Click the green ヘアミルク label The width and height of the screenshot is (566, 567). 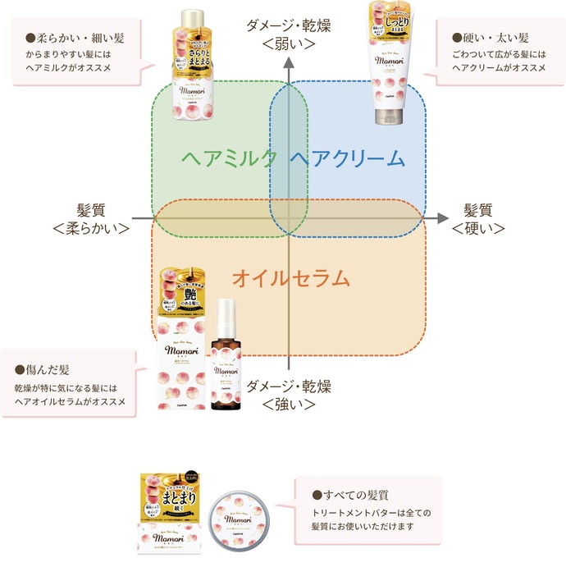point(230,158)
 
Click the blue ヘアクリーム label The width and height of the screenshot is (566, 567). point(348,158)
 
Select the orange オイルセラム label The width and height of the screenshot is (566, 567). point(290,278)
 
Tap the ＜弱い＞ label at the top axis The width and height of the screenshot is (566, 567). point(288,43)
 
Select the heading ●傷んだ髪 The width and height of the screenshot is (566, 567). point(44,369)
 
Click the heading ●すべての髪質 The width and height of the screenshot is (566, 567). point(350,496)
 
